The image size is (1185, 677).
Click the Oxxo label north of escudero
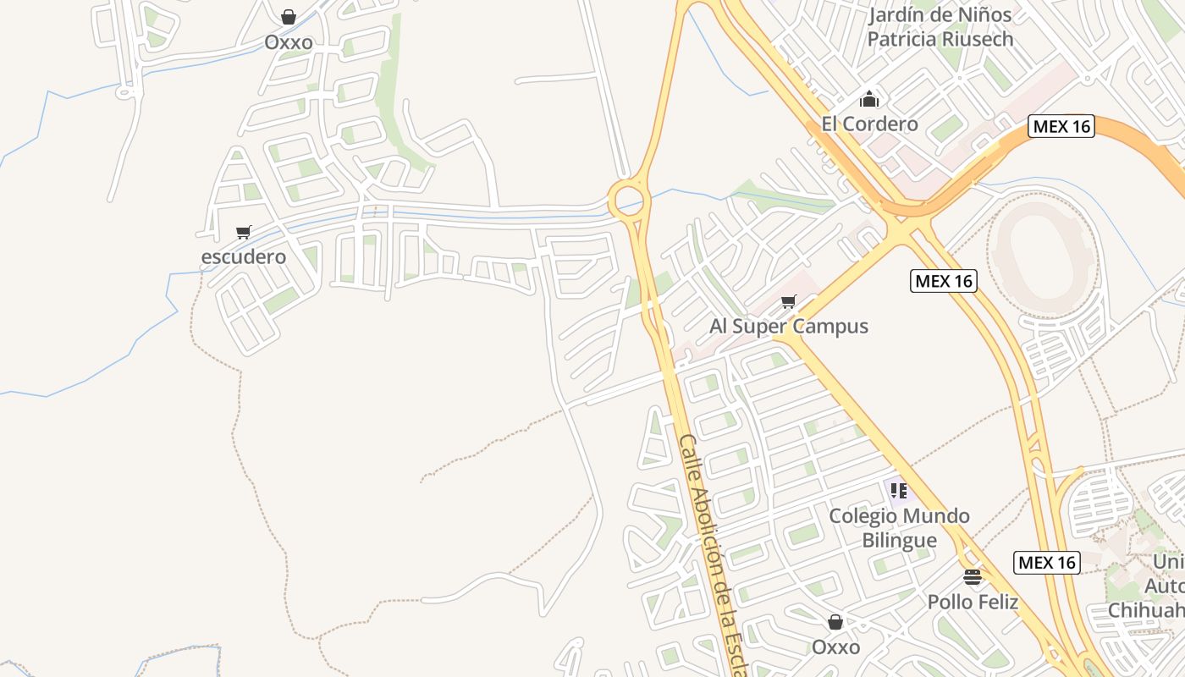pos(289,42)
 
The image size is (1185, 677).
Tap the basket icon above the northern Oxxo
pos(289,17)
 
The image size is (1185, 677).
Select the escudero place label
pos(244,256)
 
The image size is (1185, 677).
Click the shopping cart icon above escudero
pos(244,232)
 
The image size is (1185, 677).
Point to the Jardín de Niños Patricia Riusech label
pos(940,27)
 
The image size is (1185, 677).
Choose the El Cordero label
pos(869,124)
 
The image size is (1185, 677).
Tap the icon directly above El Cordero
pos(869,99)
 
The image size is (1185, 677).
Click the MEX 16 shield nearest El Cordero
pos(1062,127)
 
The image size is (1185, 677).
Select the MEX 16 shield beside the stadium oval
pos(944,281)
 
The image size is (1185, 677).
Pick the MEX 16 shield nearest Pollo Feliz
pos(1047,562)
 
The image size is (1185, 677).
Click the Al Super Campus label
pos(789,327)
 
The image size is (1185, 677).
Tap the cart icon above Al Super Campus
pos(789,301)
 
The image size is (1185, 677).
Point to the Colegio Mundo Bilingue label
pos(899,528)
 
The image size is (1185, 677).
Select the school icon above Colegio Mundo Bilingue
pos(899,490)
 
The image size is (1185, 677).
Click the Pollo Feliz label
pos(973,603)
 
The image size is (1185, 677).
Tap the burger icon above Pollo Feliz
pos(973,578)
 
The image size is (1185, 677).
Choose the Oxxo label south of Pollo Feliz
pos(835,647)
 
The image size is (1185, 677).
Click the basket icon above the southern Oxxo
pos(835,623)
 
